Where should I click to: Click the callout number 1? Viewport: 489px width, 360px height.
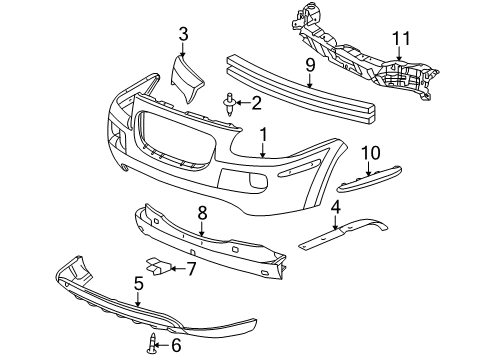pyautogui.click(x=263, y=133)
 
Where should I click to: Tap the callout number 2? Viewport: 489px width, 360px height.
pyautogui.click(x=256, y=102)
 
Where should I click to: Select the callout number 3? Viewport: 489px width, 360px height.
pyautogui.click(x=183, y=36)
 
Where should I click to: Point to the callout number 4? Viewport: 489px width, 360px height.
pyautogui.click(x=336, y=208)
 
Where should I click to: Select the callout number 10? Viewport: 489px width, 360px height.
pyautogui.click(x=372, y=152)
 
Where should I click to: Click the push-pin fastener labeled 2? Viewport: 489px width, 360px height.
pyautogui.click(x=231, y=104)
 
